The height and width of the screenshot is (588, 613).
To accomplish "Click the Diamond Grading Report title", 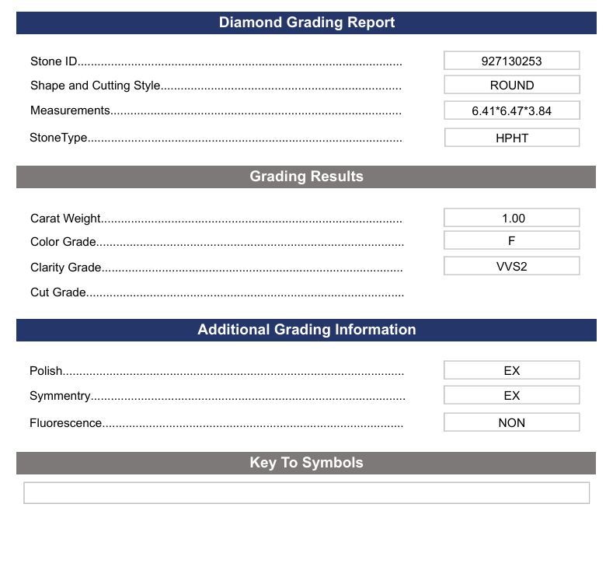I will [306, 23].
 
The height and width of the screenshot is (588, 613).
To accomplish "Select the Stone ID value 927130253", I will [511, 61].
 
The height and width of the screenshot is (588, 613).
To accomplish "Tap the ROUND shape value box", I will [511, 86].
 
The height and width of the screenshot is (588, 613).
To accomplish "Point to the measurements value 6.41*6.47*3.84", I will [511, 110].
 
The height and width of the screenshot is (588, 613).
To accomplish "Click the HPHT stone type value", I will [511, 138].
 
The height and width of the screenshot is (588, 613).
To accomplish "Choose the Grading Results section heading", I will [306, 177].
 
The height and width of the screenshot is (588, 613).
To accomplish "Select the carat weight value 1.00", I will [511, 219].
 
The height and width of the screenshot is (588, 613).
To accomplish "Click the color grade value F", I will [511, 241].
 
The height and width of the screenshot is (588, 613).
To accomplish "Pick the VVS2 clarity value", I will [511, 266].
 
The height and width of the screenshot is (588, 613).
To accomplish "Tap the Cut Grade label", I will [58, 292].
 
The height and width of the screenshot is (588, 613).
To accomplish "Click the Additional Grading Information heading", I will [306, 330].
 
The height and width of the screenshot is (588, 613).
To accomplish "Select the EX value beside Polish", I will [511, 371].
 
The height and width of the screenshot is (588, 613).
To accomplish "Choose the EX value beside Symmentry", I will [511, 395].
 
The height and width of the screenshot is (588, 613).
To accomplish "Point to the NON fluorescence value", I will [511, 423].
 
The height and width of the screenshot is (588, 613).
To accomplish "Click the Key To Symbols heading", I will [306, 463].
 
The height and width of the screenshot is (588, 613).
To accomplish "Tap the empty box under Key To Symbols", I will [306, 493].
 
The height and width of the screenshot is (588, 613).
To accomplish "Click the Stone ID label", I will [54, 61].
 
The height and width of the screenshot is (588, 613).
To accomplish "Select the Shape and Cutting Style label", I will [95, 86].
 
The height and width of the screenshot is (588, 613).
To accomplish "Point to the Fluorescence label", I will [66, 423].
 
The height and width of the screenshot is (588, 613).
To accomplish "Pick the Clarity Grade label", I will [66, 268].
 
